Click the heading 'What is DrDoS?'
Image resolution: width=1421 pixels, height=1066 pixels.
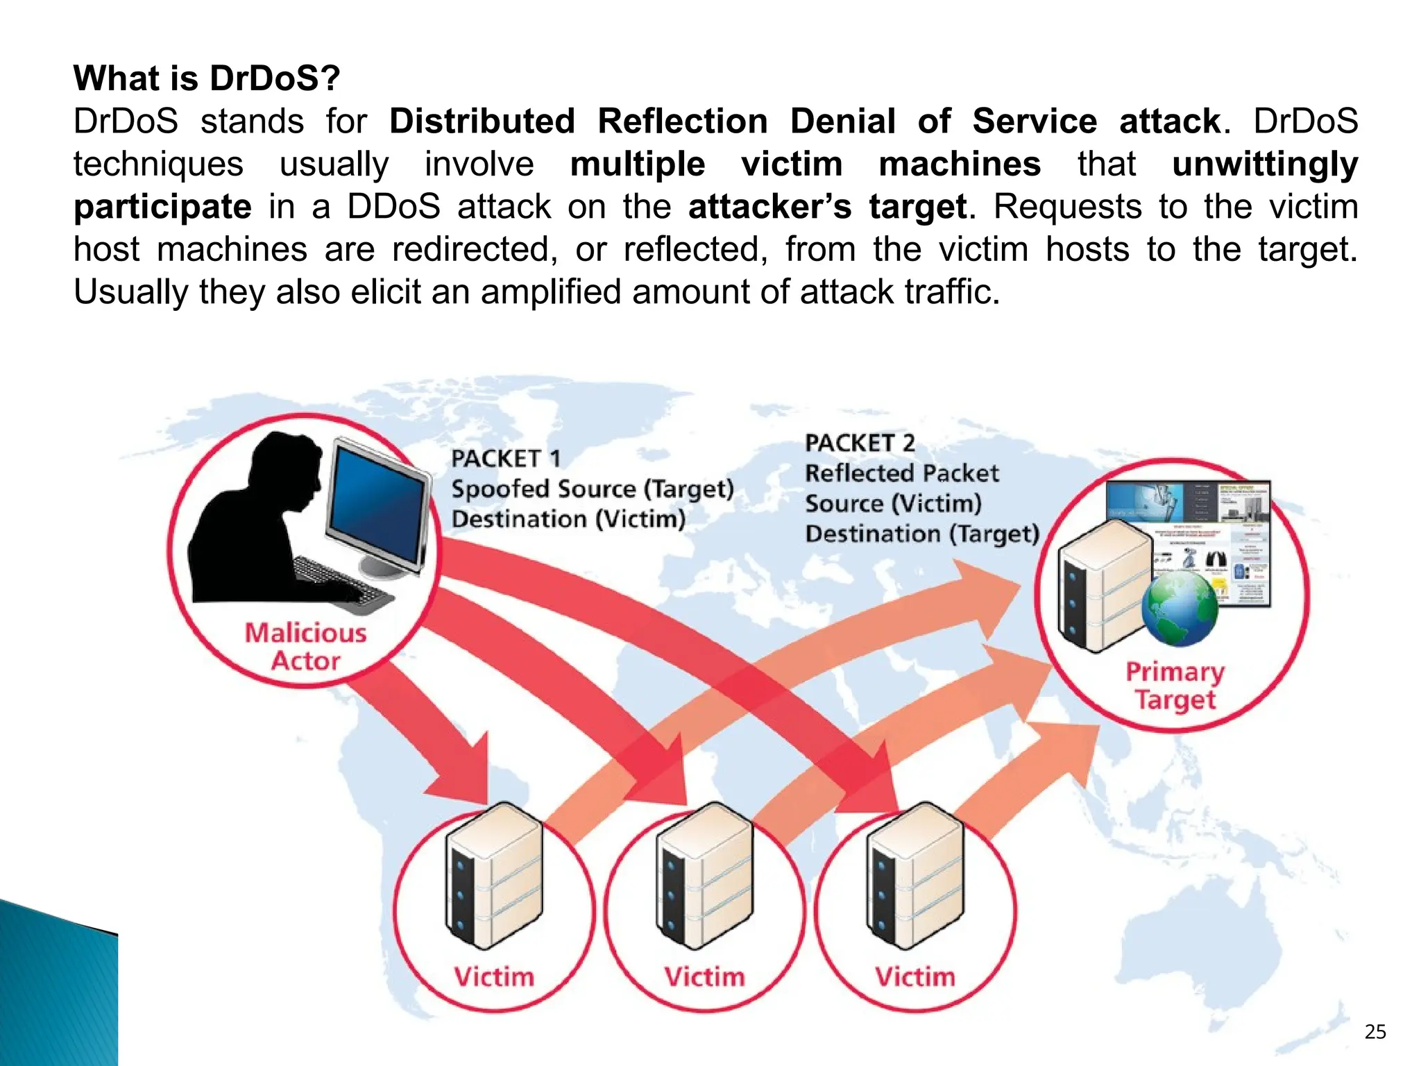point(207,78)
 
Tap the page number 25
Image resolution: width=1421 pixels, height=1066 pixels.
point(1375,1032)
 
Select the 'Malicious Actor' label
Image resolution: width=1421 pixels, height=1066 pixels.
point(305,646)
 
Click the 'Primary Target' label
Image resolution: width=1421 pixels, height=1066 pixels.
point(1175,685)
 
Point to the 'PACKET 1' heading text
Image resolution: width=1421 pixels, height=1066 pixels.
point(505,459)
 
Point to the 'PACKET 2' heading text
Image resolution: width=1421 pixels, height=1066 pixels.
point(859,443)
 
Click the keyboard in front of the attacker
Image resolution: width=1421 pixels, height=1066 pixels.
point(340,580)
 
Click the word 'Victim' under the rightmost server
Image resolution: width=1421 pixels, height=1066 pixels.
point(914,977)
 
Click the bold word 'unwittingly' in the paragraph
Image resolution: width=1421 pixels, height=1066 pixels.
point(1264,164)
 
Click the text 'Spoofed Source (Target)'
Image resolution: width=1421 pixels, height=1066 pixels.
point(592,489)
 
